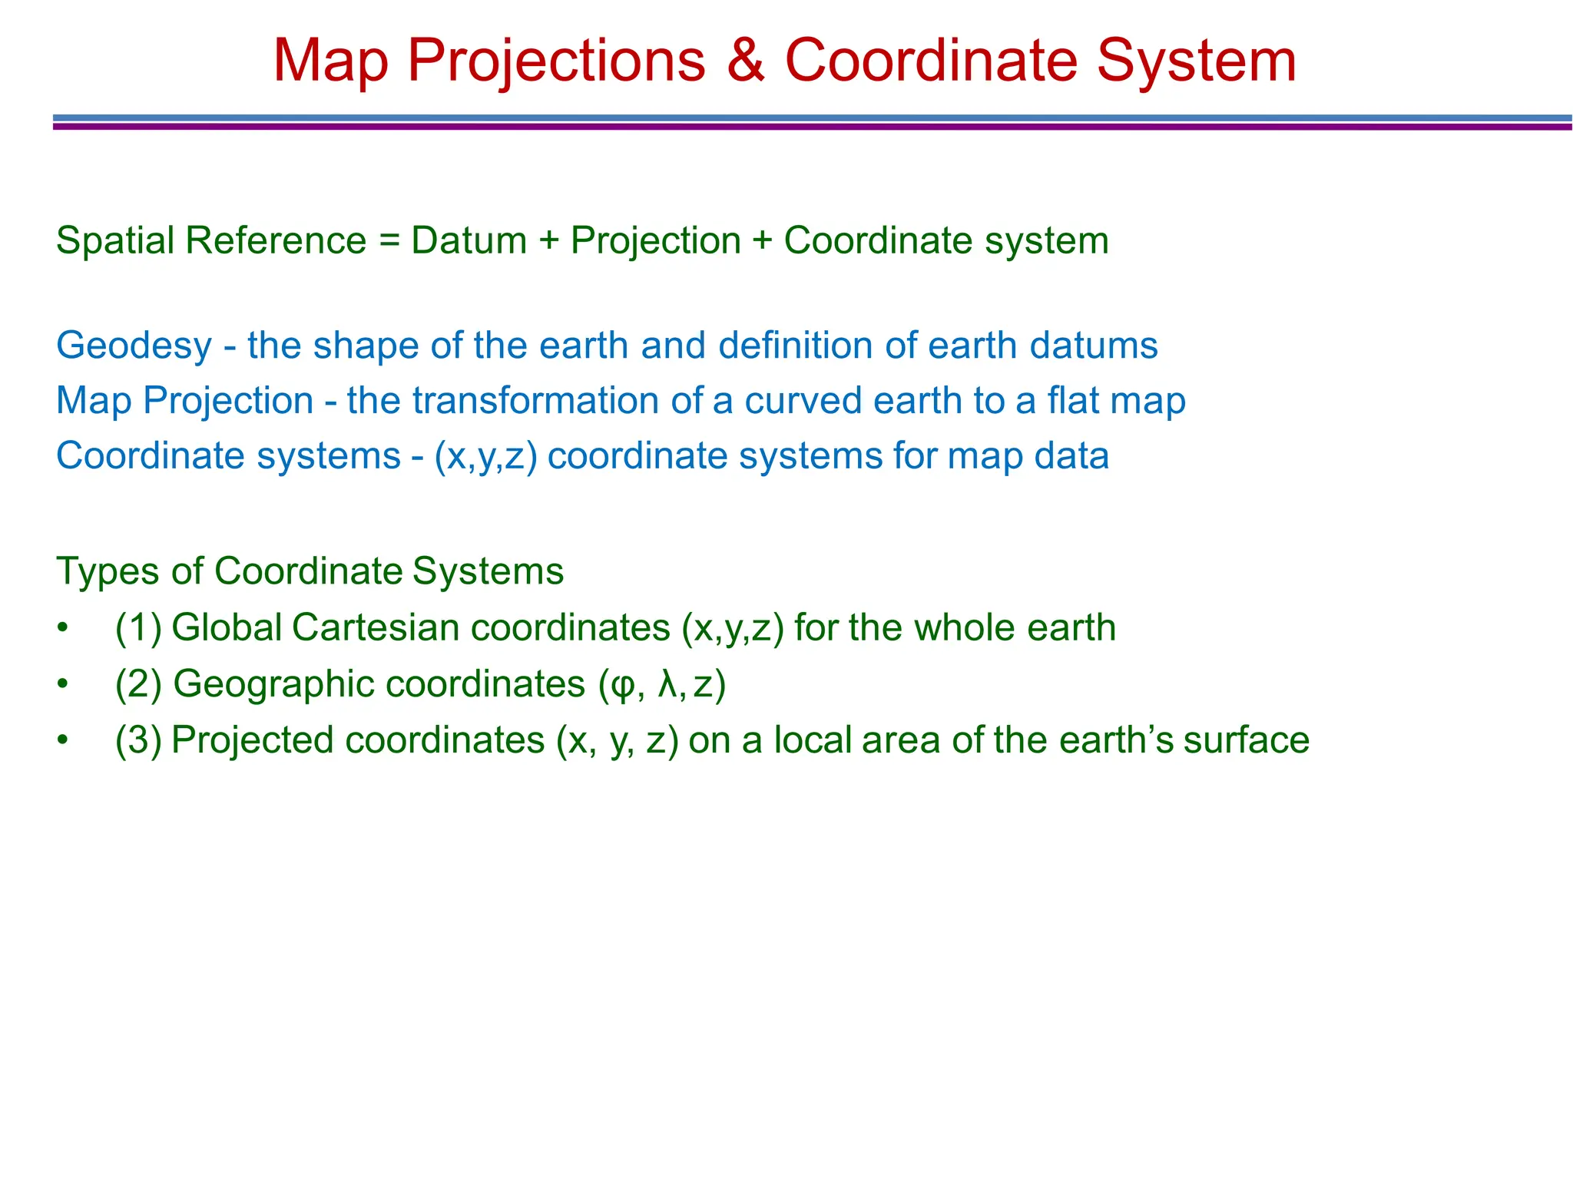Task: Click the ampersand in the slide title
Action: click(744, 61)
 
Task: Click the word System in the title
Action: click(1196, 61)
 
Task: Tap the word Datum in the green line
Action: click(469, 241)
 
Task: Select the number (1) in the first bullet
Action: click(138, 628)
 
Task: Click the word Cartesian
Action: click(376, 628)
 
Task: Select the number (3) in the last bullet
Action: click(138, 740)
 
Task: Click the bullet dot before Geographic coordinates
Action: click(63, 684)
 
